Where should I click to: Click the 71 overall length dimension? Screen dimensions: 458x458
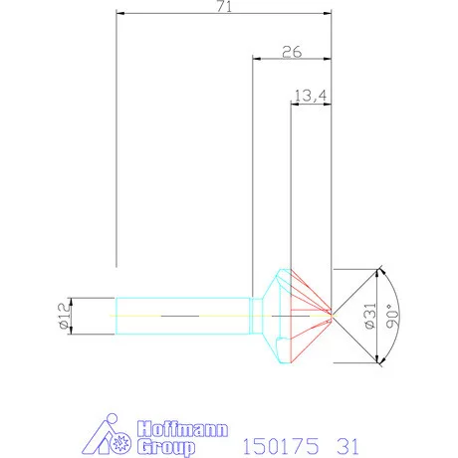pos(222,7)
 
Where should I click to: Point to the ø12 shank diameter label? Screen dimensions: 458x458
pos(63,315)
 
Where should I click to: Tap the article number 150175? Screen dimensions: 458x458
pos(282,443)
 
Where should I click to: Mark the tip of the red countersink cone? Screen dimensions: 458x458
pos(331,315)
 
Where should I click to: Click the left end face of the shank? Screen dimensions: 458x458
pos(117,315)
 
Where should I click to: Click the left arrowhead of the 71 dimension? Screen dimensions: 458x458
pos(120,14)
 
